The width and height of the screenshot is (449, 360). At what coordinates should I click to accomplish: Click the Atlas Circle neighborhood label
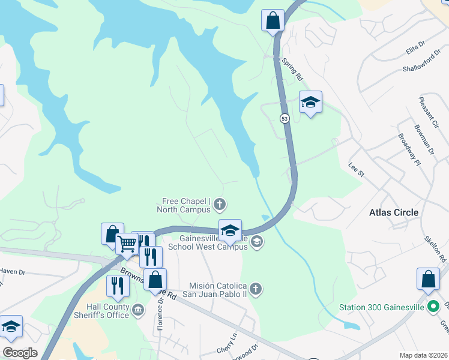[x=394, y=212]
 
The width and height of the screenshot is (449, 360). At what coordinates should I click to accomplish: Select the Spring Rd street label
[x=292, y=70]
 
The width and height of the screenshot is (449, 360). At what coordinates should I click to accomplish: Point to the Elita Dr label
[x=415, y=44]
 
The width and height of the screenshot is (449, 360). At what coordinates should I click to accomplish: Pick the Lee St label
[x=357, y=169]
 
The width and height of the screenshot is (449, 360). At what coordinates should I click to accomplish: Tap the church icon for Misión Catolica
[x=256, y=289]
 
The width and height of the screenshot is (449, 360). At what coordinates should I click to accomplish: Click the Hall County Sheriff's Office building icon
[x=139, y=310]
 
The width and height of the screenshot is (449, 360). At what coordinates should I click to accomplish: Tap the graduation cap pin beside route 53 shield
[x=310, y=103]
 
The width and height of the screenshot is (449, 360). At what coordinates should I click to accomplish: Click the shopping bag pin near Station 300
[x=428, y=279]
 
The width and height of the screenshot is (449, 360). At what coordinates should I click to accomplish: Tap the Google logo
[x=20, y=352]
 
